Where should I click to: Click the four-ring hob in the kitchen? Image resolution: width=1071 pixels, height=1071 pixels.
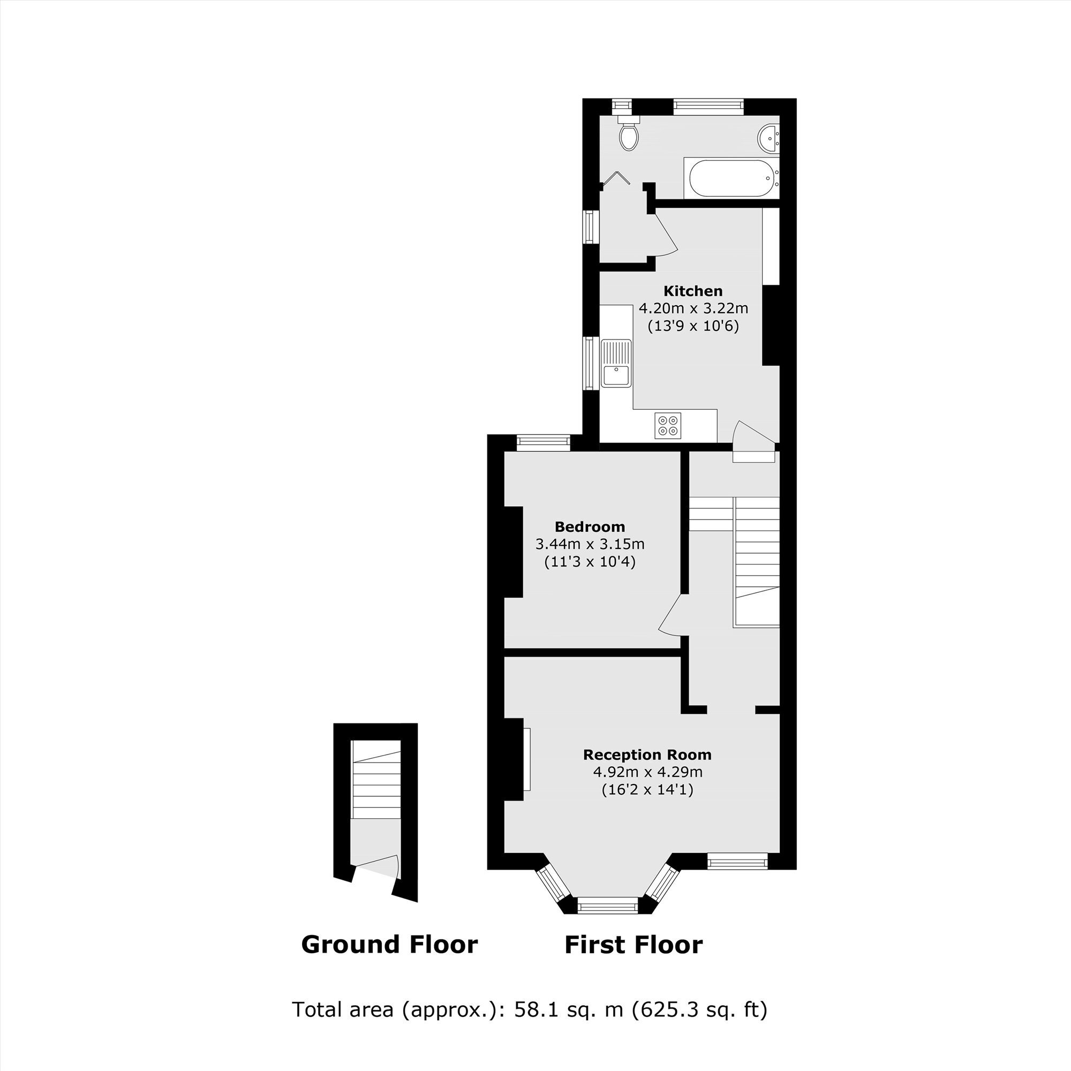[x=667, y=426]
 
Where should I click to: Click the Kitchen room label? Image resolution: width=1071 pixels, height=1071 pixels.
[x=693, y=291]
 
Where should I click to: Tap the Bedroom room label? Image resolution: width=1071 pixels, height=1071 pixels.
[x=590, y=526]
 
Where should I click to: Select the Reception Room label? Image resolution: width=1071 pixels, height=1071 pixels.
[x=647, y=755]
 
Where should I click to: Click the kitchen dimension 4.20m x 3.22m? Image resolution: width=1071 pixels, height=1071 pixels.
[x=693, y=308]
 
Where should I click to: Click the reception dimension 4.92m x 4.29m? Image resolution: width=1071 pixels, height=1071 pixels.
[x=647, y=772]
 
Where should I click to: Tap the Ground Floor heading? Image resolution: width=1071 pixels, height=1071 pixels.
[x=389, y=944]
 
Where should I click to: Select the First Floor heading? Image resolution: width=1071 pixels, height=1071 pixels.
[x=633, y=945]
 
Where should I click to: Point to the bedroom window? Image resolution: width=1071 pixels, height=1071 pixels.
[x=543, y=442]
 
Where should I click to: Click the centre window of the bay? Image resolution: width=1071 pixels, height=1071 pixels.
[x=608, y=907]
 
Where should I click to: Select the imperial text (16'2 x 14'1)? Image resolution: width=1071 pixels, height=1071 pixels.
[x=647, y=789]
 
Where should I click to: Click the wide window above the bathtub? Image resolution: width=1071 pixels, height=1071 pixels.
[x=708, y=107]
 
